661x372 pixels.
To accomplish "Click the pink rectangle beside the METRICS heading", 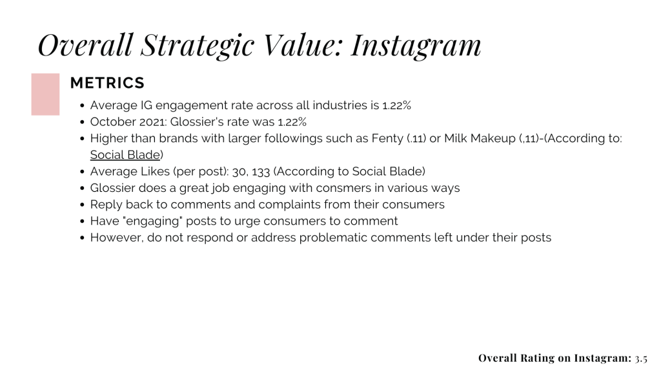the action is coord(45,94).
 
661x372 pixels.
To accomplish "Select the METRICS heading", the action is coord(107,83).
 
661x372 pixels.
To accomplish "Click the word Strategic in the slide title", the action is coord(198,46).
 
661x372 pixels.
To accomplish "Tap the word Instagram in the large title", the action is coord(416,46).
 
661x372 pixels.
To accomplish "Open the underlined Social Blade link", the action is coord(125,155).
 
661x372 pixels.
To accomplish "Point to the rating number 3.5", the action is coord(641,358).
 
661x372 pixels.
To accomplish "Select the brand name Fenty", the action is coord(387,139).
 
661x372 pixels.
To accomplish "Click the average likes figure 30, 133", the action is coord(251,172).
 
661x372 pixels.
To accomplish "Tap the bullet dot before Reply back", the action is coord(82,205).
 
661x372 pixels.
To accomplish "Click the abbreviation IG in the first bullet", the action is coord(147,105).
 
